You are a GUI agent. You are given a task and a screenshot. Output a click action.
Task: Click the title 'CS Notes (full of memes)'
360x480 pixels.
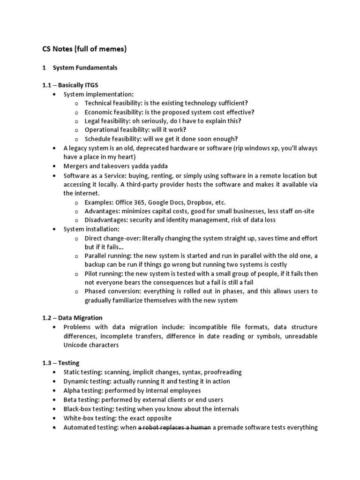(x=84, y=48)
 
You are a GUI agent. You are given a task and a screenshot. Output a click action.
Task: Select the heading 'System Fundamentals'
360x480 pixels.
(x=85, y=68)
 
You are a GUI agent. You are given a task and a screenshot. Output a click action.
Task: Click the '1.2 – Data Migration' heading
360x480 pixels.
(x=72, y=318)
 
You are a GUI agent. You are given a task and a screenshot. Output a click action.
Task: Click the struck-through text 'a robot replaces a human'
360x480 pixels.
(x=174, y=427)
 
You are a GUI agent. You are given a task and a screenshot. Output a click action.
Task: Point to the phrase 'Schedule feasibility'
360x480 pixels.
(x=113, y=139)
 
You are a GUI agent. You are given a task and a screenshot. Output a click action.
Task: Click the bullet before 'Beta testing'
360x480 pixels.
(x=55, y=400)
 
